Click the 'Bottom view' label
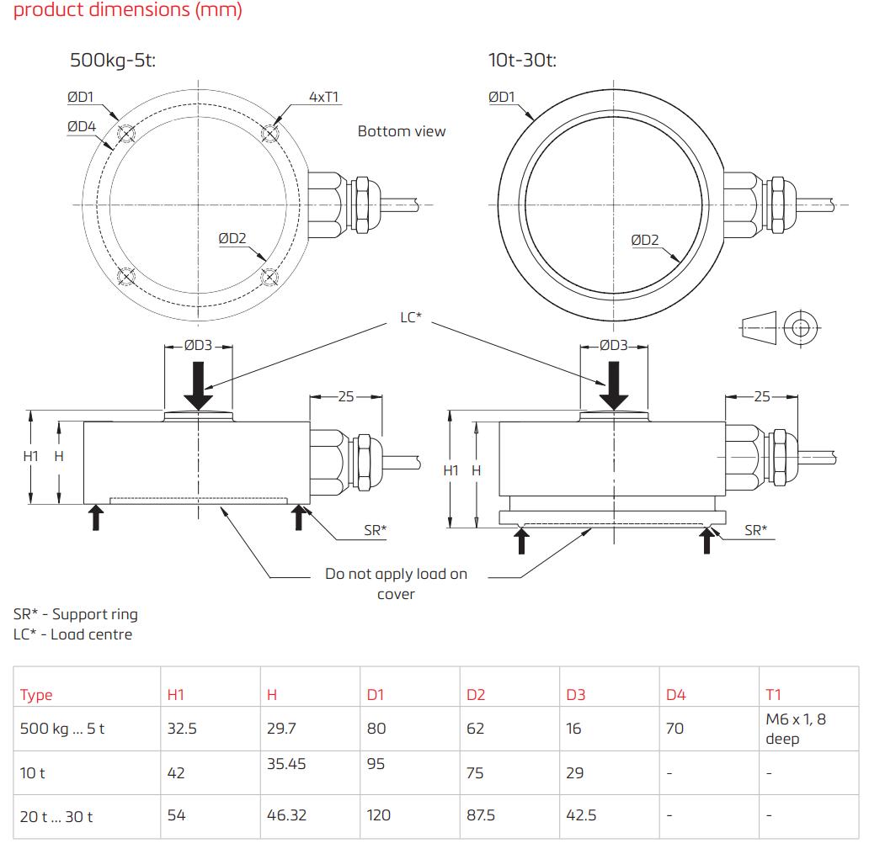(402, 131)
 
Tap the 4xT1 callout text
(323, 97)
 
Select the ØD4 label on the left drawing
(82, 126)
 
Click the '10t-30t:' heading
(522, 61)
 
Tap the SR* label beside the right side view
(755, 530)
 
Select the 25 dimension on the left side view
(346, 396)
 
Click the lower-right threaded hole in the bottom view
(269, 276)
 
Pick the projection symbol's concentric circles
(799, 328)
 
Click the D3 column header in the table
(575, 695)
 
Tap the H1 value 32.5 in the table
(182, 729)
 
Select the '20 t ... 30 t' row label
(56, 816)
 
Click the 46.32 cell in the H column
(286, 815)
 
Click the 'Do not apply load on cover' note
(396, 584)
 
